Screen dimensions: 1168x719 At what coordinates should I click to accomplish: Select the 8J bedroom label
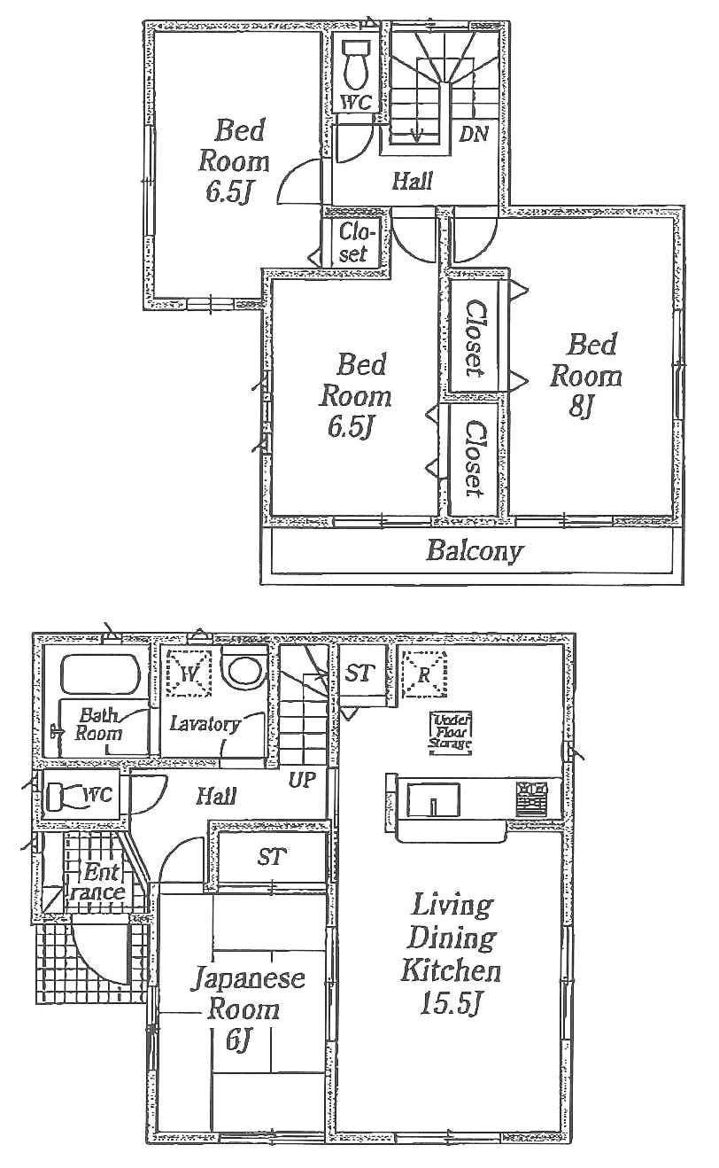click(x=585, y=376)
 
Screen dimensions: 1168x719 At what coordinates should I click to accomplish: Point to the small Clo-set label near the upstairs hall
click(x=353, y=243)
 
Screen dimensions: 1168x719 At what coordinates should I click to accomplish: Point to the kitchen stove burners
click(x=533, y=795)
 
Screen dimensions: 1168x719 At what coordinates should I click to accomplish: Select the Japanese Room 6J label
click(x=249, y=1008)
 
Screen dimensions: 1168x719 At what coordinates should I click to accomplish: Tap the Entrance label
click(x=97, y=881)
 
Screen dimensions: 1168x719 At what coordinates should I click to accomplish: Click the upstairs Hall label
click(x=412, y=182)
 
